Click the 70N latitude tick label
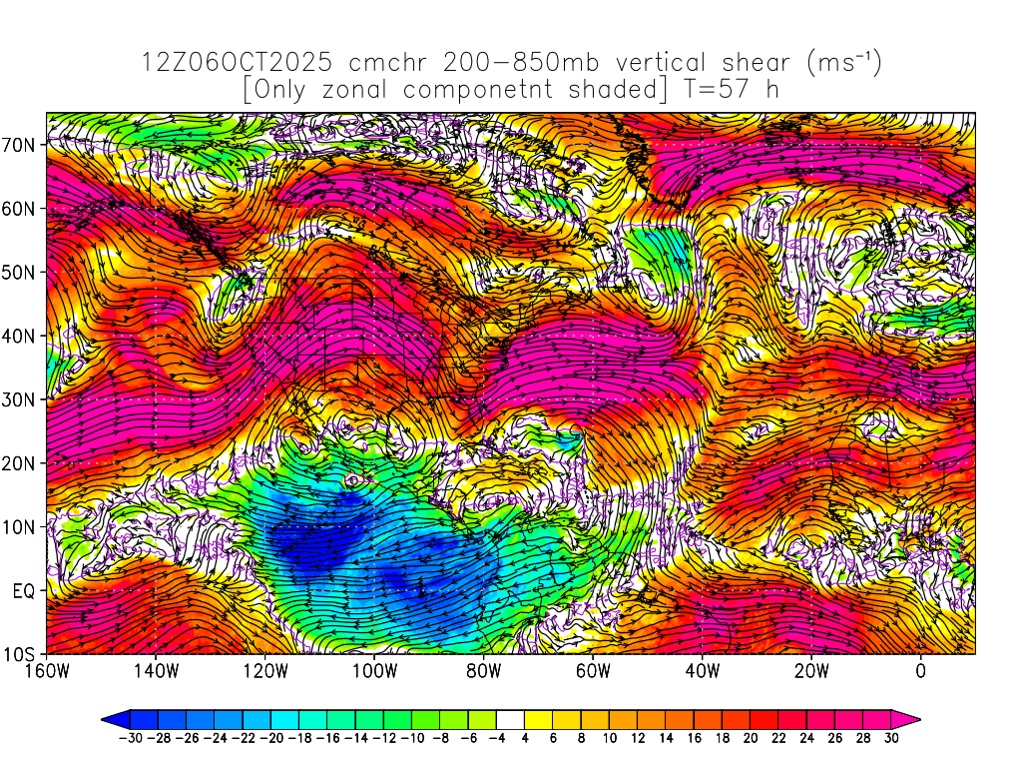click(22, 145)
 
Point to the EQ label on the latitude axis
click(26, 591)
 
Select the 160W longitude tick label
click(47, 672)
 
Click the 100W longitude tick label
click(374, 672)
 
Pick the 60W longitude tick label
click(593, 672)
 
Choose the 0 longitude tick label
click(920, 672)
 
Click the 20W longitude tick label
click(811, 672)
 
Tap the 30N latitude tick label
click(22, 399)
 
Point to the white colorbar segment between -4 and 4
click(510, 718)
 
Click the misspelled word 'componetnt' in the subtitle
click(480, 90)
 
